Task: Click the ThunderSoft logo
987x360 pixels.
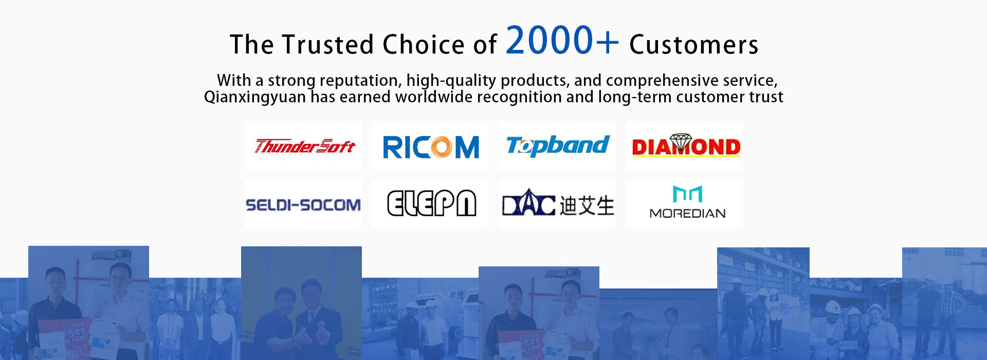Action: pos(304,147)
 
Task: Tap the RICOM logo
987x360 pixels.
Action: pos(431,148)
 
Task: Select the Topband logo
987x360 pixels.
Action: pos(558,146)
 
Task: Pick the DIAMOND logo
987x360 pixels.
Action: pos(686,146)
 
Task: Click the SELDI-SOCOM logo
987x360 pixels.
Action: pos(303,205)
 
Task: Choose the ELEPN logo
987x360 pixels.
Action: pos(431,203)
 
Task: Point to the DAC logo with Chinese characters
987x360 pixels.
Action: pos(558,204)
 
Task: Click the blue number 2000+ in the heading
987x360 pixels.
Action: pos(562,40)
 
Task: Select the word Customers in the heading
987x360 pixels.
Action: pos(694,45)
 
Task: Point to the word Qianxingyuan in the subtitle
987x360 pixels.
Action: pos(255,97)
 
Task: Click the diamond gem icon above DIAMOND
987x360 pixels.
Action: pos(681,142)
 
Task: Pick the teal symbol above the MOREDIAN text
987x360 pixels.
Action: pos(687,194)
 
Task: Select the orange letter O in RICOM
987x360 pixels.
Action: pos(441,148)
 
